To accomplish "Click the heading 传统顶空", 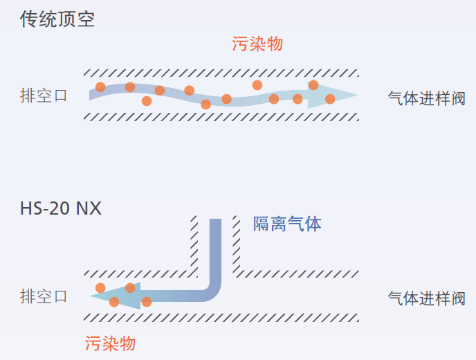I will (x=57, y=19).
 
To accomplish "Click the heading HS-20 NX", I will (x=61, y=208).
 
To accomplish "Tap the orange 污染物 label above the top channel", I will (x=257, y=44).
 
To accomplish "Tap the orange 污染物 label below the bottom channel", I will (x=110, y=344).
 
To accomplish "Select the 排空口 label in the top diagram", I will (x=44, y=96).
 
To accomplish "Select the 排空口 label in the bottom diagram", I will (x=44, y=297).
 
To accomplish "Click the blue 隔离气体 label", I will (x=287, y=224).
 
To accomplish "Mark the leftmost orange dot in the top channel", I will (x=100, y=87).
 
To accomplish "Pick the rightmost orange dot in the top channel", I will (x=330, y=99).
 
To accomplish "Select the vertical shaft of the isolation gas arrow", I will (x=215, y=249).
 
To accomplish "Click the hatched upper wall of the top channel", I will (x=221, y=73).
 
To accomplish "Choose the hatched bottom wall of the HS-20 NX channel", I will (x=221, y=317).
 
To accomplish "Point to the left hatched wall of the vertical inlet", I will (x=194, y=242).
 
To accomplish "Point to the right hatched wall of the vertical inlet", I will (x=237, y=242).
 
